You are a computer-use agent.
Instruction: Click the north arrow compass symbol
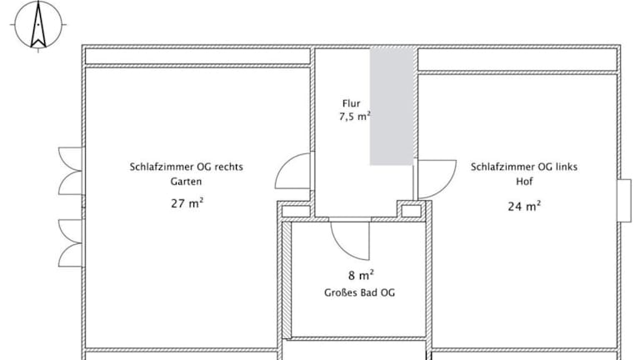[x=38, y=25]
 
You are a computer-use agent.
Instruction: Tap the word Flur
[x=352, y=103]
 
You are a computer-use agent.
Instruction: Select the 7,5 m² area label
[x=355, y=117]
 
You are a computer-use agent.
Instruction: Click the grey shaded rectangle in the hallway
[x=392, y=107]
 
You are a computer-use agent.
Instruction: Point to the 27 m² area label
[x=187, y=202]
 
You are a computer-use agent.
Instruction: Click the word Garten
[x=186, y=181]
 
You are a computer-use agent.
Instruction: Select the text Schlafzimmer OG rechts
[x=186, y=167]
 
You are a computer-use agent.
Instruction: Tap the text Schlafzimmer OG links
[x=524, y=167]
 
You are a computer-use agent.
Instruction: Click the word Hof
[x=524, y=181]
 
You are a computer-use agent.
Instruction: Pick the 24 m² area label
[x=524, y=206]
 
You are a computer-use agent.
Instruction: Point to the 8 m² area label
[x=361, y=276]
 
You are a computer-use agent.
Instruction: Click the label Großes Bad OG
[x=360, y=292]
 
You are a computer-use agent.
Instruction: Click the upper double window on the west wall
[x=71, y=171]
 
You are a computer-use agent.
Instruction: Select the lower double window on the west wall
[x=71, y=243]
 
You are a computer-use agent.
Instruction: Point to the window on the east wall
[x=624, y=200]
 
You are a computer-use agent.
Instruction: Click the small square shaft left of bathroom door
[x=297, y=211]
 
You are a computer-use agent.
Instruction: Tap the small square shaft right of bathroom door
[x=411, y=211]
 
